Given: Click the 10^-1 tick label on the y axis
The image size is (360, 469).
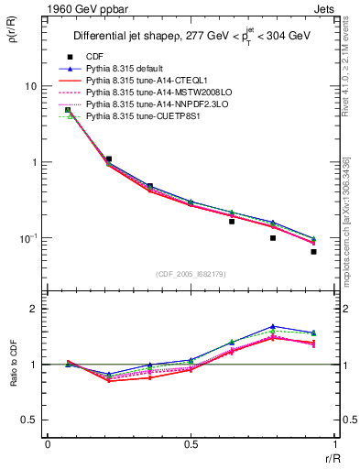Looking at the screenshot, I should (x=27, y=238).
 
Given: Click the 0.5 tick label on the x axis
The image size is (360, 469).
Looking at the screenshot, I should (x=190, y=444).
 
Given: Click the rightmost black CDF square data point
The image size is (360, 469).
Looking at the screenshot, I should (x=313, y=252).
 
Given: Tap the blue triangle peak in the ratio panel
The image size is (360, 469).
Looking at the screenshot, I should (x=273, y=326).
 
